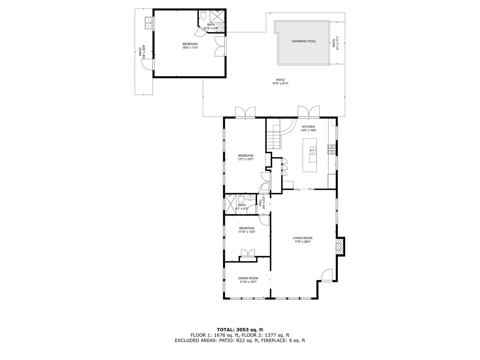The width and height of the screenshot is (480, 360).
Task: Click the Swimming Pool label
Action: click(x=304, y=41)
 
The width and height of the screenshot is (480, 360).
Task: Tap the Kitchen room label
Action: click(x=308, y=127)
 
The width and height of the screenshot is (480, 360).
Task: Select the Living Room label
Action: click(x=302, y=238)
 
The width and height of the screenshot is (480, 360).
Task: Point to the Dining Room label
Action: click(x=248, y=278)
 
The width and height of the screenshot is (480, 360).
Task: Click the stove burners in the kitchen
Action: click(x=331, y=149)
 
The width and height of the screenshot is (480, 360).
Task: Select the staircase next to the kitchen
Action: click(x=273, y=137)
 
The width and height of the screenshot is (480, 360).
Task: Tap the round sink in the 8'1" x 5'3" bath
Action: click(x=249, y=198)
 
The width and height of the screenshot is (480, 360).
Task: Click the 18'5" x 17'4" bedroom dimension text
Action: click(x=190, y=48)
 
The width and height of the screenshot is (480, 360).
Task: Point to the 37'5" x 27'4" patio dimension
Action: click(x=280, y=83)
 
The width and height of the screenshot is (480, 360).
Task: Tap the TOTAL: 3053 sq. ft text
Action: click(x=240, y=330)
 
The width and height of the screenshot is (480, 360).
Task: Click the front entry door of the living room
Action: click(x=327, y=275)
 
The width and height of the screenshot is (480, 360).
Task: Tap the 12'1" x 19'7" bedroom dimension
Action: click(x=246, y=159)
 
